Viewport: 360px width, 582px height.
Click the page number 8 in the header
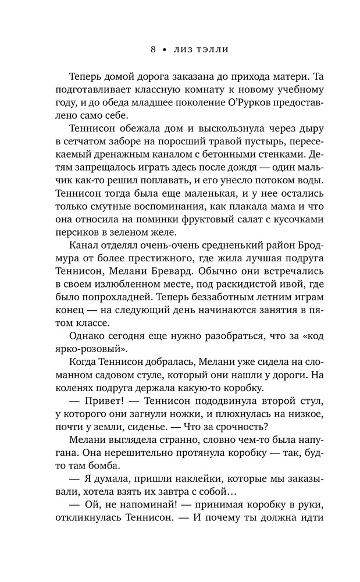pyautogui.click(x=153, y=50)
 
